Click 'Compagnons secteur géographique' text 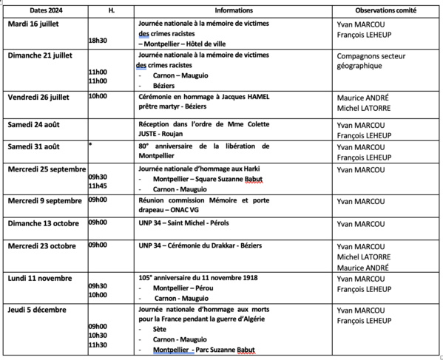369,61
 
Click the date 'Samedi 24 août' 34,123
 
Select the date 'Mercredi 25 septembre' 46,169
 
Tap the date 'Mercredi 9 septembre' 44,200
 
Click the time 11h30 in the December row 97,345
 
